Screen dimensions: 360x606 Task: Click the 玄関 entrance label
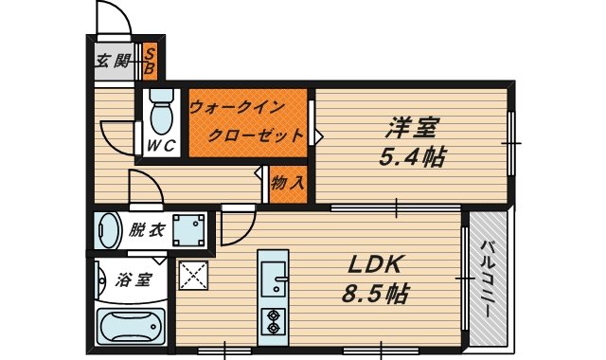coord(112,63)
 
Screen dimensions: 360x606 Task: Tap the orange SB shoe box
coord(150,63)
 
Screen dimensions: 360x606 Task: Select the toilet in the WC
coord(162,113)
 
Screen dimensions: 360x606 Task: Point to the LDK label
coord(380,263)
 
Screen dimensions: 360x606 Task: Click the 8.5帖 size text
coord(377,294)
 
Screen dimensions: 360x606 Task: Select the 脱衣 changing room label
coord(147,229)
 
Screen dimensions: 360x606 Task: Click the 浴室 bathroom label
coord(134,279)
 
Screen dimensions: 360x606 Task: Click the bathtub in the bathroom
coord(132,328)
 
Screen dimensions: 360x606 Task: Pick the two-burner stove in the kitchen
coord(275,321)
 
